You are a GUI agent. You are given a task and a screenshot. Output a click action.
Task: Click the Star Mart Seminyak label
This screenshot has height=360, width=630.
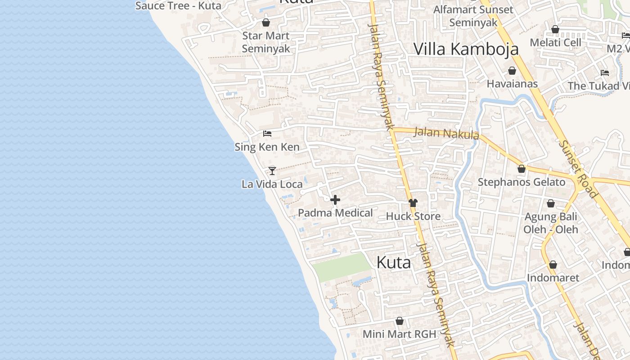pyautogui.click(x=266, y=42)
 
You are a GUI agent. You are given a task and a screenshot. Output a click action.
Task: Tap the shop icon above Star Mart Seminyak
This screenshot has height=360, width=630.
pyautogui.click(x=266, y=22)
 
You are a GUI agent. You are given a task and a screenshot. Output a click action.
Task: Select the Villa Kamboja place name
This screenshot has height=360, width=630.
pyautogui.click(x=466, y=49)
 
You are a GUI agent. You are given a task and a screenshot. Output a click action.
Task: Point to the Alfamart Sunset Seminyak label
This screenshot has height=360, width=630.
pyautogui.click(x=473, y=16)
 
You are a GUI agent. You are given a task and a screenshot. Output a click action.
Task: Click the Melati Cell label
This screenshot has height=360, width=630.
pyautogui.click(x=555, y=43)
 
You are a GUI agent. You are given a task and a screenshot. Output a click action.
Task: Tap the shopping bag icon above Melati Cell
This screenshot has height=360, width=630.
pyautogui.click(x=555, y=29)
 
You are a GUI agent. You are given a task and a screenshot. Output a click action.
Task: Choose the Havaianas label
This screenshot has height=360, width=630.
pyautogui.click(x=512, y=84)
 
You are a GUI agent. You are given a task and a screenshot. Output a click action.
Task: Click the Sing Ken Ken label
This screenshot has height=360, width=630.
pyautogui.click(x=267, y=147)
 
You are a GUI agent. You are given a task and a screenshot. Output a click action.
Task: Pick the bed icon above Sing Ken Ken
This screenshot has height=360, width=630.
pyautogui.click(x=267, y=134)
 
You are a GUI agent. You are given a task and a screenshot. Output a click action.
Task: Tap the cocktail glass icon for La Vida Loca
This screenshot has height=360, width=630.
pyautogui.click(x=272, y=171)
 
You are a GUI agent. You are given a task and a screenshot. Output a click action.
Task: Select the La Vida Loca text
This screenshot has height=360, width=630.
pyautogui.click(x=272, y=184)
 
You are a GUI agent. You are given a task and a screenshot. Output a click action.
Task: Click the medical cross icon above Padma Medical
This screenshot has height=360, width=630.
pyautogui.click(x=335, y=200)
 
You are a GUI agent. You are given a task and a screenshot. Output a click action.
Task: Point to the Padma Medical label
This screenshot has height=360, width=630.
pyautogui.click(x=335, y=213)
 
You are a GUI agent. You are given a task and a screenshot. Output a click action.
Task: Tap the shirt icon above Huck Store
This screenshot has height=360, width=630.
pyautogui.click(x=413, y=203)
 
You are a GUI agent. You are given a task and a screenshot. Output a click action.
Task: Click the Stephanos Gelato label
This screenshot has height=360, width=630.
pyautogui.click(x=521, y=182)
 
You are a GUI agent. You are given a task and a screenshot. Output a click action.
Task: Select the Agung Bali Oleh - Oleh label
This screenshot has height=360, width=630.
pyautogui.click(x=551, y=223)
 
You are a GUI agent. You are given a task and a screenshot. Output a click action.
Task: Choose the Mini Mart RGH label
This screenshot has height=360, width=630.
pyautogui.click(x=400, y=334)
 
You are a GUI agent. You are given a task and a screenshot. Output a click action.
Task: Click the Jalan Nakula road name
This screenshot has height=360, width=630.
pyautogui.click(x=446, y=133)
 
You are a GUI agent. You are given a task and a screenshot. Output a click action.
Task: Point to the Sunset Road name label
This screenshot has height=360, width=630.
pyautogui.click(x=578, y=169)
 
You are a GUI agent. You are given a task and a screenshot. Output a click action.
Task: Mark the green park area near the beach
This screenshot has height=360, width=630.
pyautogui.click(x=342, y=266)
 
